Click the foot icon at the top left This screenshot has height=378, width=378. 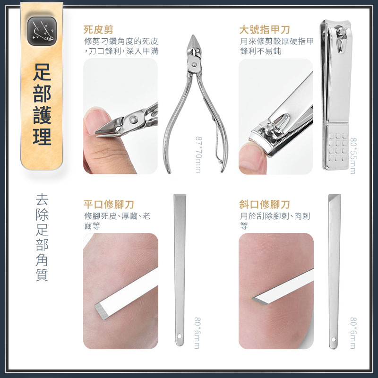[42, 31]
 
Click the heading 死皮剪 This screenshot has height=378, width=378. [98, 30]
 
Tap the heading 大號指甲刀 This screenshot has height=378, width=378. [265, 30]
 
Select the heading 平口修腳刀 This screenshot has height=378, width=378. [109, 205]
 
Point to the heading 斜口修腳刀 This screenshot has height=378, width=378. [265, 205]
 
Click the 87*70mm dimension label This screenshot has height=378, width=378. [198, 155]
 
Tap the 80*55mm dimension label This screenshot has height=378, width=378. [353, 156]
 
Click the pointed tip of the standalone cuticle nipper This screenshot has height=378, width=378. [193, 36]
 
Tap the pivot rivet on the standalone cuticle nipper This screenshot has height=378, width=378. [194, 65]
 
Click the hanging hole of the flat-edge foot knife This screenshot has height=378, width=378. [180, 336]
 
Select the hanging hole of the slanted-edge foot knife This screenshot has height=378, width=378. [334, 339]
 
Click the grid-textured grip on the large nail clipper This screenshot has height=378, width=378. [338, 147]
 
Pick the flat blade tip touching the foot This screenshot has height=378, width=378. [99, 311]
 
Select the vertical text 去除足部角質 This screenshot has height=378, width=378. [42, 237]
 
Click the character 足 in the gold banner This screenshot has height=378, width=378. [42, 72]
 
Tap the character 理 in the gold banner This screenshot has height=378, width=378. [42, 137]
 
